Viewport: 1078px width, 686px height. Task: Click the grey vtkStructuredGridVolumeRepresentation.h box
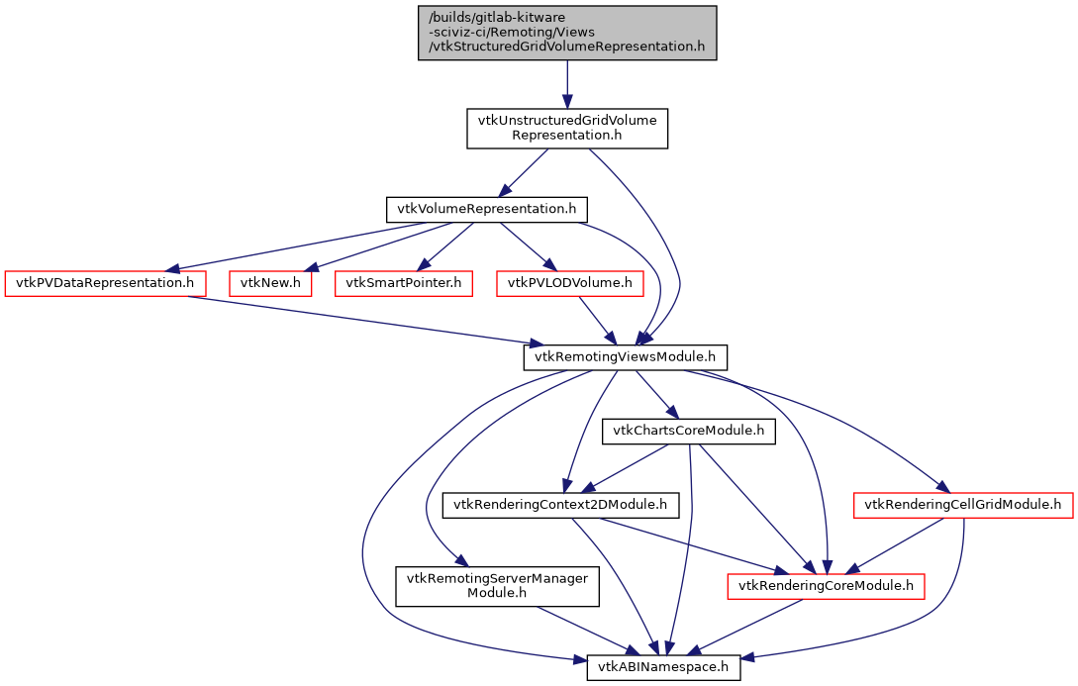567,33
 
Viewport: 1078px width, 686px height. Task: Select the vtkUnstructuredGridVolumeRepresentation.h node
567,129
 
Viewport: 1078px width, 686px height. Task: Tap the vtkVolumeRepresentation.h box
486,210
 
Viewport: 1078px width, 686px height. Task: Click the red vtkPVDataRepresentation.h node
106,283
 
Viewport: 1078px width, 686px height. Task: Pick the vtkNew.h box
271,283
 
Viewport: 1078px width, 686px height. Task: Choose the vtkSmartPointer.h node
404,283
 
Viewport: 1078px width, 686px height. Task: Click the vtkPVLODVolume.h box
571,283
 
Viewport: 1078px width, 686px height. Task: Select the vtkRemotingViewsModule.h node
626,356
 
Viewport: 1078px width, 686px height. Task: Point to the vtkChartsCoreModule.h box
689,431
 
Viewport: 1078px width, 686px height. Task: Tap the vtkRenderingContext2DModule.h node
560,505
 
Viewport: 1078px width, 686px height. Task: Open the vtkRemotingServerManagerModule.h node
498,586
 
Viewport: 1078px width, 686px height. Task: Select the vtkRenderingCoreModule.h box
827,586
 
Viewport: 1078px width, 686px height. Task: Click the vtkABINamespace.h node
663,667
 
